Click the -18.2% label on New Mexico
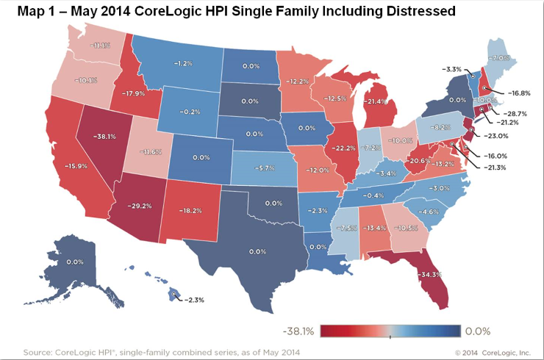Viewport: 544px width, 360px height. (x=190, y=210)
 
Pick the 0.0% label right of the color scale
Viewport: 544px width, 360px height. (x=478, y=331)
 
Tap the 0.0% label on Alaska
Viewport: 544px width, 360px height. (x=75, y=262)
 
